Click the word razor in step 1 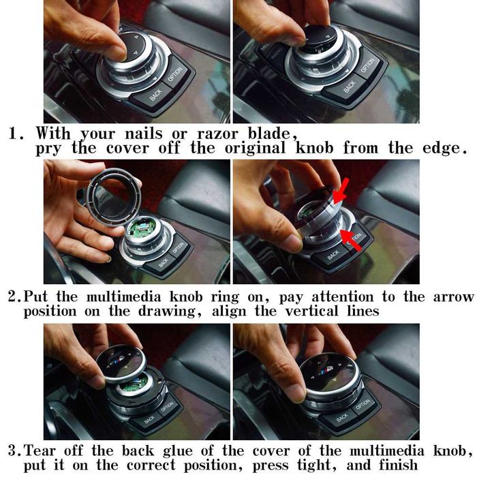[217, 134]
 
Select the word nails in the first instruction [144, 134]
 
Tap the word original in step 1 [256, 148]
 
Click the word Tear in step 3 [40, 450]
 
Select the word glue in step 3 [178, 451]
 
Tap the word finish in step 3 [398, 465]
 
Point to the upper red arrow [341, 191]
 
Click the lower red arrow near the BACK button [352, 241]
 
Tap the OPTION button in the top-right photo [367, 66]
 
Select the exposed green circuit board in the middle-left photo [142, 228]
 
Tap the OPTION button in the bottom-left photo [167, 406]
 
